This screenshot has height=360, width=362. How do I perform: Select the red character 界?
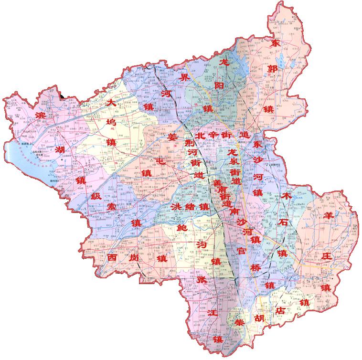(183, 77)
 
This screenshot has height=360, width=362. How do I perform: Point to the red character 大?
(112, 103)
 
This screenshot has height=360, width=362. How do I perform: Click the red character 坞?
(111, 122)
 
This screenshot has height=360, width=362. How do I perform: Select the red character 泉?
(234, 162)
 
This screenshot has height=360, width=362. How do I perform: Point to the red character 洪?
(175, 208)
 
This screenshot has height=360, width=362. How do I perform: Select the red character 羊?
(329, 216)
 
